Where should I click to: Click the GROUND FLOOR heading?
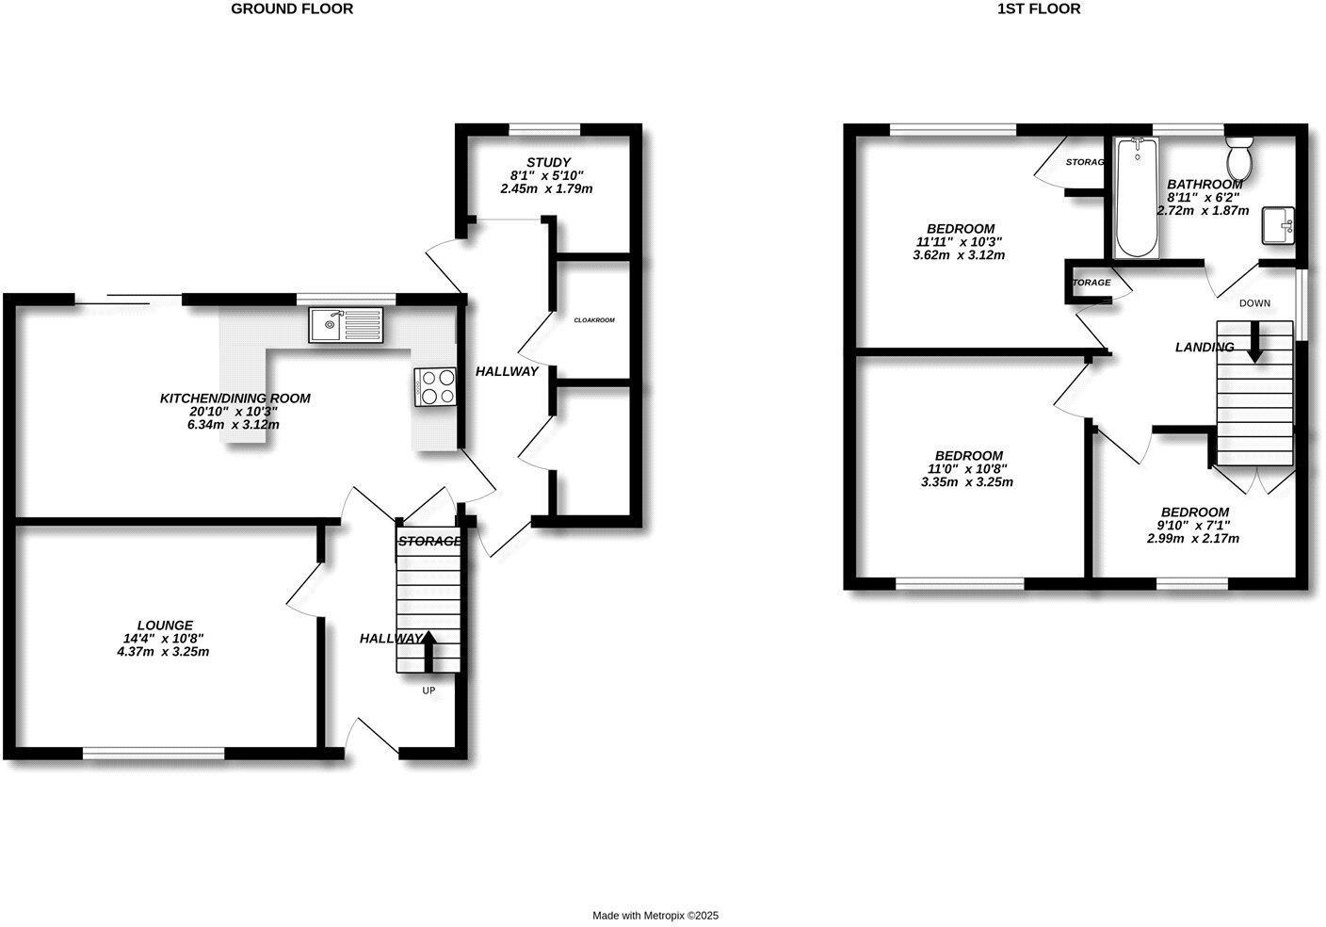click(292, 9)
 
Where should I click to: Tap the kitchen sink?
click(344, 326)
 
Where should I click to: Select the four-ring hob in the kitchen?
click(435, 386)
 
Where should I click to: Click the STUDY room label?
click(548, 163)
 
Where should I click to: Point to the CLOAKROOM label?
click(594, 320)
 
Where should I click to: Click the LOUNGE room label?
click(165, 625)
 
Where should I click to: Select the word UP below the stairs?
click(429, 691)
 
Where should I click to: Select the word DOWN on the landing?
click(1254, 303)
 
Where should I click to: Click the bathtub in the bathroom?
click(1135, 198)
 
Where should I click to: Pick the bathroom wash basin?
click(1278, 225)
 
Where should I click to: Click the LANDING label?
click(1204, 348)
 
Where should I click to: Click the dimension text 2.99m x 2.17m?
click(1192, 539)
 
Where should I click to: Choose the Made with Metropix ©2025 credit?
click(655, 916)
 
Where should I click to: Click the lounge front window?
click(154, 753)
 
